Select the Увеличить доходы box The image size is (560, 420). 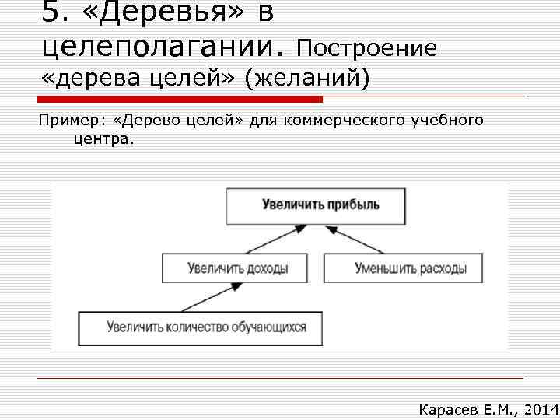(237, 269)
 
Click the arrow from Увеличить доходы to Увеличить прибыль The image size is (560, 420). (271, 240)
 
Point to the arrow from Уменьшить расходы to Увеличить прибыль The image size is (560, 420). (355, 240)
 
